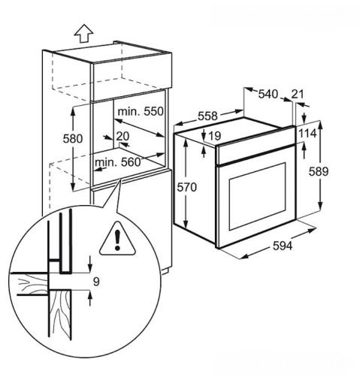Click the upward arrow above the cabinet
point(83,33)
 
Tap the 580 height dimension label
point(73,139)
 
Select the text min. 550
point(141,111)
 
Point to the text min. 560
point(117,162)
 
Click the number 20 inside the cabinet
point(123,137)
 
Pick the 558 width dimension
point(207,116)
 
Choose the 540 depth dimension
point(268,94)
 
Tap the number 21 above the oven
point(298,94)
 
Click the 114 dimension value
point(308,134)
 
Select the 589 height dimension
point(319,172)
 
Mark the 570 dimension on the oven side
point(187,187)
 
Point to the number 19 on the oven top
point(215,136)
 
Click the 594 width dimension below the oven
point(283,246)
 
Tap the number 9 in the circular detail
point(96,282)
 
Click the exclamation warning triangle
point(117,239)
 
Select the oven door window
point(258,197)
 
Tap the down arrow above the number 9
point(90,264)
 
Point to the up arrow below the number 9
point(90,298)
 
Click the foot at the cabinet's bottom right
point(165,272)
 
